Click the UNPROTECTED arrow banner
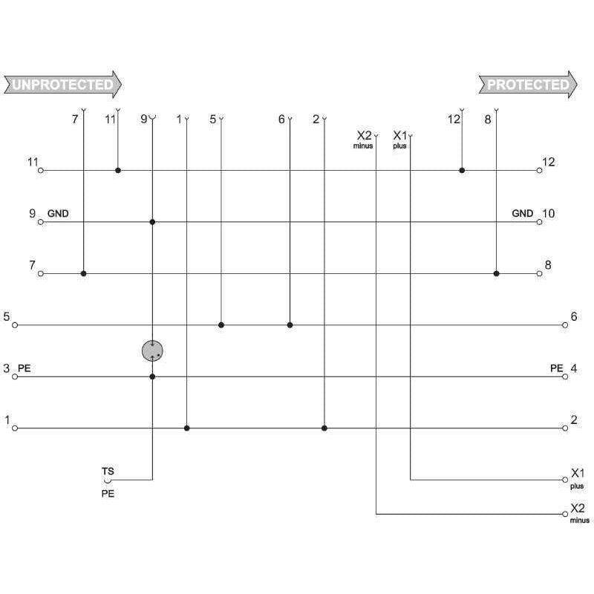pos(63,85)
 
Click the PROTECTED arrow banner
pos(528,85)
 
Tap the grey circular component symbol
pos(152,350)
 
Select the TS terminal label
pos(108,471)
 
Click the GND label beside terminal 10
pos(523,213)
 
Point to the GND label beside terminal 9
pos(58,213)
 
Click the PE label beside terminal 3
pos(25,368)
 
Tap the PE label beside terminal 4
pos(556,368)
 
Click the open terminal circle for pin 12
pos(540,171)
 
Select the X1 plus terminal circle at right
pos(565,480)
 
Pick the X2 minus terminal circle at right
pos(565,514)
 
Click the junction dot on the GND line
pos(152,222)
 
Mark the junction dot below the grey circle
pos(152,376)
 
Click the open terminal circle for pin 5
pos(15,325)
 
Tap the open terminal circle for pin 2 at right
pos(565,428)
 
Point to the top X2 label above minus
pos(364,135)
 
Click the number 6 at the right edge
pos(574,316)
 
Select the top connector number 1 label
pos(179,120)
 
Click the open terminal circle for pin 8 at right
pos(540,273)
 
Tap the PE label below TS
pos(108,494)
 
